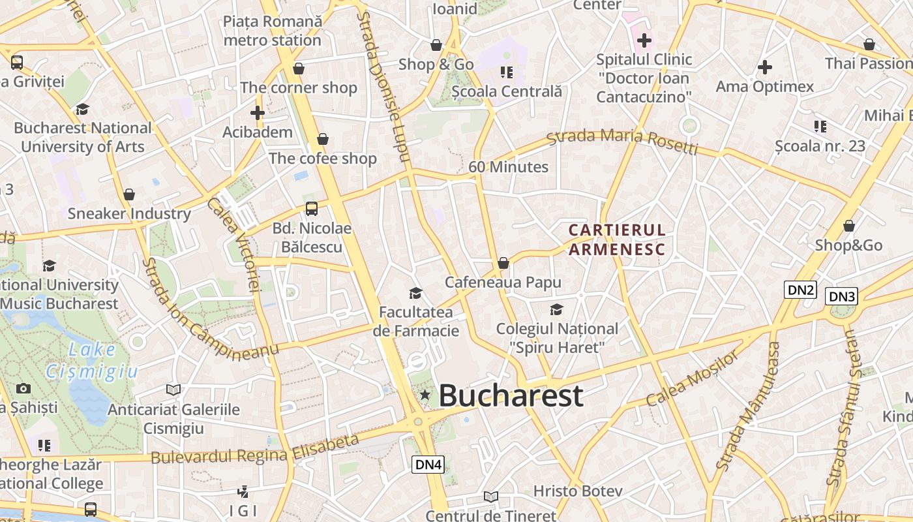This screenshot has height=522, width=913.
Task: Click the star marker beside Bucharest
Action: [425, 395]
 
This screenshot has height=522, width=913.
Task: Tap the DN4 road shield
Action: [428, 464]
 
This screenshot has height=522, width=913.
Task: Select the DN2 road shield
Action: [800, 290]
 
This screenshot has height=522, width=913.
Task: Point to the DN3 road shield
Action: [841, 297]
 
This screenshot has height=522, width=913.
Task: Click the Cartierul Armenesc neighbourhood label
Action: [617, 239]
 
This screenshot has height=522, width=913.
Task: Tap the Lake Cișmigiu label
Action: [92, 361]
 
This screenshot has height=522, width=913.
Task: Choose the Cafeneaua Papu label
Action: [503, 283]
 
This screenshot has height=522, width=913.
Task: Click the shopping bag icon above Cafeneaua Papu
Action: [503, 263]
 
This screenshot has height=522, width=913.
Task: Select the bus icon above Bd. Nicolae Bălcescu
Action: [312, 209]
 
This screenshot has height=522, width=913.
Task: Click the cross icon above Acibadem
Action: [258, 113]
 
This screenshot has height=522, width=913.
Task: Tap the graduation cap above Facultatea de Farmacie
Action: [415, 293]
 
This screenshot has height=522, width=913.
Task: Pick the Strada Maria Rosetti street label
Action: [622, 141]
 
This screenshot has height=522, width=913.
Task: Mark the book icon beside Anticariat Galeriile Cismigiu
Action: [173, 390]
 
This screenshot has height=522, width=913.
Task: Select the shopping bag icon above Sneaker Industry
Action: [129, 194]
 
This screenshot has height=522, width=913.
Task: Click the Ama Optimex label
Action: [765, 87]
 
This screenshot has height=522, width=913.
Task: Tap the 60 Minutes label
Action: [508, 167]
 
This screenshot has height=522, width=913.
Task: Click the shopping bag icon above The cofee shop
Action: [322, 139]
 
